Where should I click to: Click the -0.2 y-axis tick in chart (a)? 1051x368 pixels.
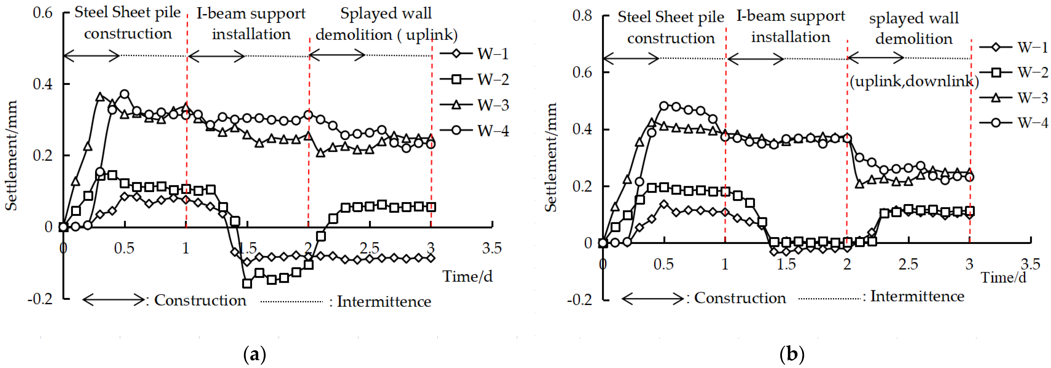click(40, 299)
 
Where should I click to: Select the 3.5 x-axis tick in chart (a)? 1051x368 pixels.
click(492, 248)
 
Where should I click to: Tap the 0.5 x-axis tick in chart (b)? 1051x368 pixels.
click(663, 264)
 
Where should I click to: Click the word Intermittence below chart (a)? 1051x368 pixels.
click(384, 302)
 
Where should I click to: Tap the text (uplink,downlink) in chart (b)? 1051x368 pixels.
click(914, 81)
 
